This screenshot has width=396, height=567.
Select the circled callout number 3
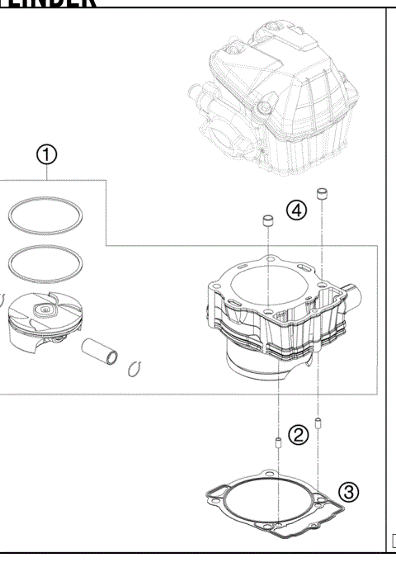[x=349, y=493]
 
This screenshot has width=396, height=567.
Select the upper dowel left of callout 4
[x=267, y=222]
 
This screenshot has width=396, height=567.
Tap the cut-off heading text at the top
[x=49, y=4]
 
